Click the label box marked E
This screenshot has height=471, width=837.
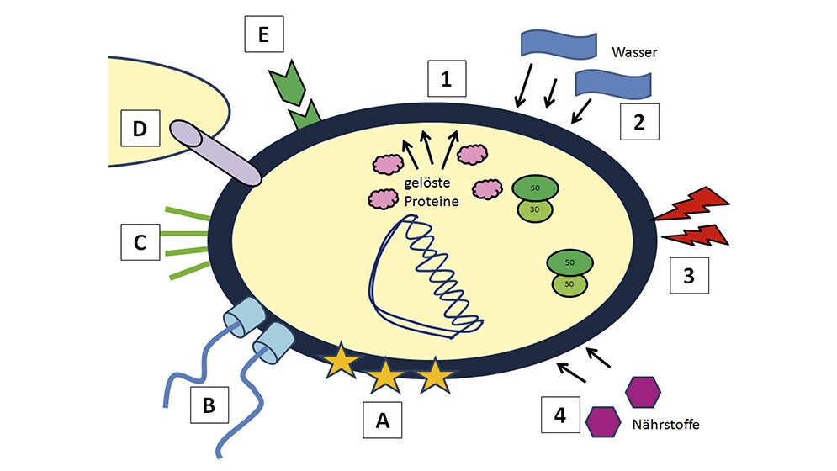click(264, 37)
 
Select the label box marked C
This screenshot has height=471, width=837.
click(140, 244)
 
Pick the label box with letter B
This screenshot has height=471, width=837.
click(209, 405)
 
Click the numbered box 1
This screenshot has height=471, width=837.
click(447, 80)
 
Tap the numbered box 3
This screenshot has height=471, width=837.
click(689, 276)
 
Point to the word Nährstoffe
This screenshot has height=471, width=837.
click(665, 425)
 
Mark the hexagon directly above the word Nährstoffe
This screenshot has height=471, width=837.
click(643, 391)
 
